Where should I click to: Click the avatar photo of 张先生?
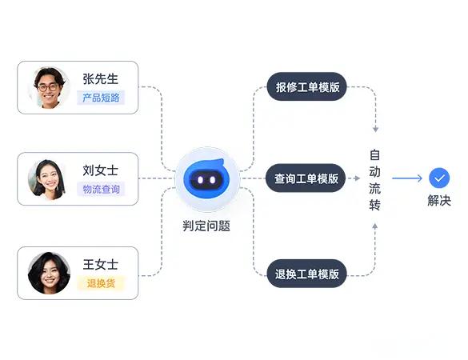pyautogui.click(x=49, y=87)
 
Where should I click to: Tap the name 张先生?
pyautogui.click(x=100, y=79)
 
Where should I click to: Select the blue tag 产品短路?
pyautogui.click(x=101, y=98)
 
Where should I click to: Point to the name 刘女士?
pyautogui.click(x=100, y=170)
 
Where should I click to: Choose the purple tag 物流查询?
pyautogui.click(x=101, y=189)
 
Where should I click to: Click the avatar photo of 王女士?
pyautogui.click(x=49, y=273)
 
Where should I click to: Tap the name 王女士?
pyautogui.click(x=100, y=265)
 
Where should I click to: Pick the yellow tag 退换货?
pyautogui.click(x=101, y=283)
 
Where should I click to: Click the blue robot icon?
pyautogui.click(x=207, y=178)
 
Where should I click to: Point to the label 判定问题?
pyautogui.click(x=206, y=226)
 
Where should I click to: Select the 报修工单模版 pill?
pyautogui.click(x=307, y=87)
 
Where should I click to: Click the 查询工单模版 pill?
pyautogui.click(x=306, y=178)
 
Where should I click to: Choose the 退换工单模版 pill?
pyautogui.click(x=307, y=274)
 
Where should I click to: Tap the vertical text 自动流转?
pyautogui.click(x=374, y=180)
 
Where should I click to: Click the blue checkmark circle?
pyautogui.click(x=439, y=178)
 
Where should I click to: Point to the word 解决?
pyautogui.click(x=439, y=200)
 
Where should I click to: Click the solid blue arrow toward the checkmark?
pyautogui.click(x=407, y=178)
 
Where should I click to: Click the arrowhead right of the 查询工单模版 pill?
pyautogui.click(x=357, y=178)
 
